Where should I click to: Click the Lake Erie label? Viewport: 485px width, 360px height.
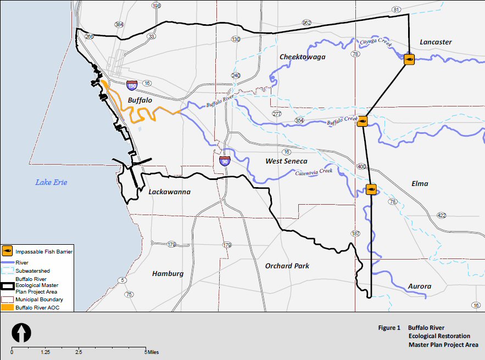click(x=51, y=182)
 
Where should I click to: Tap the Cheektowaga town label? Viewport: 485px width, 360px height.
click(x=302, y=57)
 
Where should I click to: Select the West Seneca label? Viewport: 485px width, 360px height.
click(x=286, y=161)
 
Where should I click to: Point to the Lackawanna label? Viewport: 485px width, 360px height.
click(x=169, y=192)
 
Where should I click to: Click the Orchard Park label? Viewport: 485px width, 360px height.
click(x=287, y=266)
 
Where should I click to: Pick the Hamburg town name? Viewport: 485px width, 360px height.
click(x=168, y=274)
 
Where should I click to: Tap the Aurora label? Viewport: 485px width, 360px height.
click(x=419, y=286)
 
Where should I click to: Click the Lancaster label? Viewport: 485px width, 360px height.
click(x=436, y=42)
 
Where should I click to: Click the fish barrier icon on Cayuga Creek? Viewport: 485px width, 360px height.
click(x=409, y=59)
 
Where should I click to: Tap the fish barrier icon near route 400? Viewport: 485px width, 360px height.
click(x=371, y=190)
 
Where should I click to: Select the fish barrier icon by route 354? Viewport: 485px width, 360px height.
click(x=362, y=121)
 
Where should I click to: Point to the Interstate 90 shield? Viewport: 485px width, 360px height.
click(x=224, y=161)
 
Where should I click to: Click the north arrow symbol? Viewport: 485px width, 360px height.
click(x=21, y=333)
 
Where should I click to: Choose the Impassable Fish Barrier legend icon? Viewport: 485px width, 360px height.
click(x=8, y=251)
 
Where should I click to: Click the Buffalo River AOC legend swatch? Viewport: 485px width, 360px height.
click(x=8, y=308)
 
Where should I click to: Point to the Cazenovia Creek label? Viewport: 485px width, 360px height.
click(x=314, y=172)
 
